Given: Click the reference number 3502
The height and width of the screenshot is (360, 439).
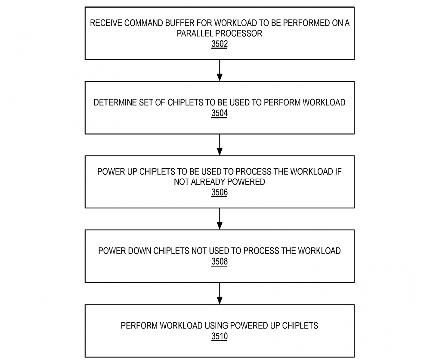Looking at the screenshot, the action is coord(219,44).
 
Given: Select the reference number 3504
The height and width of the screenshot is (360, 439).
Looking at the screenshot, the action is coord(219,113).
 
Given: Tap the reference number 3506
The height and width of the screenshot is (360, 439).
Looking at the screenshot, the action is coord(219,192).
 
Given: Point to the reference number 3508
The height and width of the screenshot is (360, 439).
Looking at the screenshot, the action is coord(219,262).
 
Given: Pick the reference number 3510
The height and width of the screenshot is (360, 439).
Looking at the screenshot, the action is coord(219,336).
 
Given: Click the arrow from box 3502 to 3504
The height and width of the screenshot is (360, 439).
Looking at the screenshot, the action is coord(220,71).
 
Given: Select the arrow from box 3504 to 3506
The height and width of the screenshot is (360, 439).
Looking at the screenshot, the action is coord(220,145).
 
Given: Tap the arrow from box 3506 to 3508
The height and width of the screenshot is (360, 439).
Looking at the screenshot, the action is coord(220,219).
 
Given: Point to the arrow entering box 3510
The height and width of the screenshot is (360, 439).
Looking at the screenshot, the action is coord(220,294).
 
